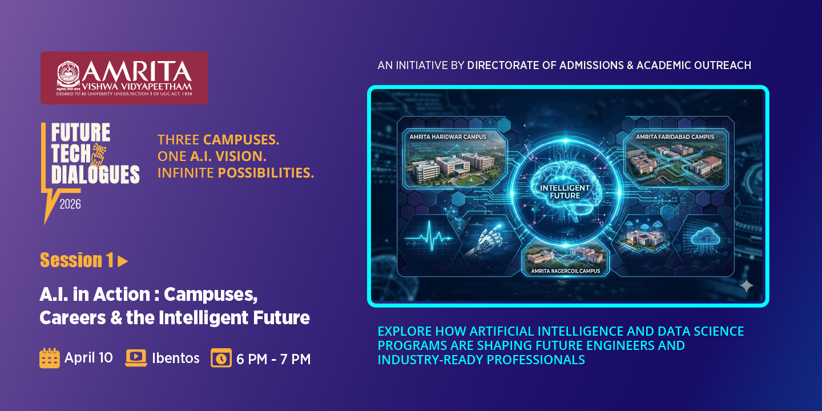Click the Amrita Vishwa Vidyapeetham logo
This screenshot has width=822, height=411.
(124, 78)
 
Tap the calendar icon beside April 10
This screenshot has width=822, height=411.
(50, 358)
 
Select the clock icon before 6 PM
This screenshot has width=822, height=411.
(221, 358)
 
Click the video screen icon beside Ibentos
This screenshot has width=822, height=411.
(136, 358)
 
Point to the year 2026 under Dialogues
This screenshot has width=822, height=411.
(70, 204)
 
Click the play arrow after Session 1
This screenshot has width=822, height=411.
(123, 261)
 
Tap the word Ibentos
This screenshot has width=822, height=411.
(176, 358)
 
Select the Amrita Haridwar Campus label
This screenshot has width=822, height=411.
(443, 137)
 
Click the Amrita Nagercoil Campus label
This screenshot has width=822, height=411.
(565, 271)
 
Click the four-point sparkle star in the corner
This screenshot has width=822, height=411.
(746, 286)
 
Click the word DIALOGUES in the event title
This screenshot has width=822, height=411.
(95, 174)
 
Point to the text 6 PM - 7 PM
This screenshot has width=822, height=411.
(273, 359)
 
